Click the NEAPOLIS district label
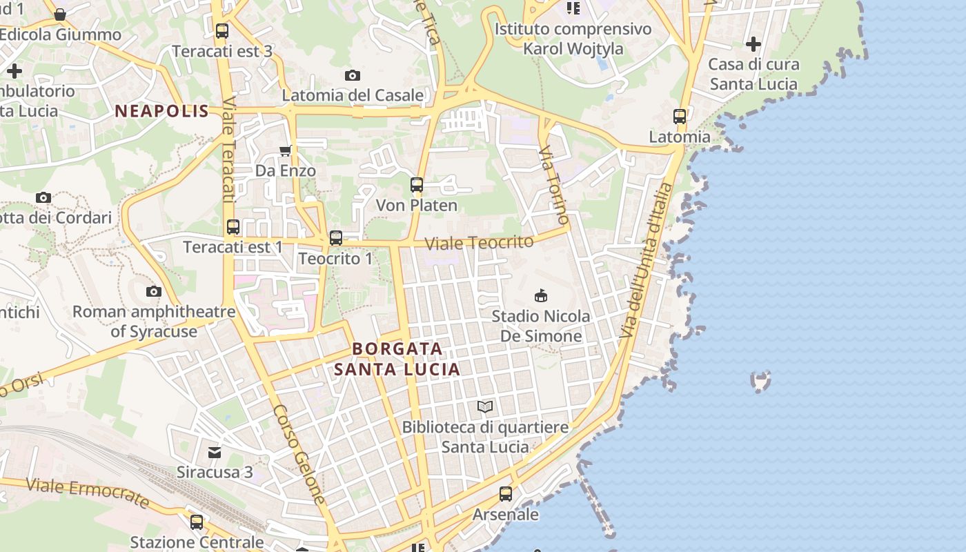161,111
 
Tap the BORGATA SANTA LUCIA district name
397,359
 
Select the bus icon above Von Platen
416,185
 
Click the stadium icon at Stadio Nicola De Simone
541,296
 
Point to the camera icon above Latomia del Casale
353,75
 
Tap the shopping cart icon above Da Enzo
285,150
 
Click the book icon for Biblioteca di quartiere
485,407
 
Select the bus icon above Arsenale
506,494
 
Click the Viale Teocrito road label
479,243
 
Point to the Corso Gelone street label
299,453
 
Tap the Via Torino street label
553,185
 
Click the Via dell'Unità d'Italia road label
645,260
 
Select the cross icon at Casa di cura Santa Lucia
753,44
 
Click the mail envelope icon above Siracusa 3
215,453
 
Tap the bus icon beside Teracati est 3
221,31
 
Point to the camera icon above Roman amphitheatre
154,291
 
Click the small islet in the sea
760,381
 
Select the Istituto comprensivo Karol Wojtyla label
573,39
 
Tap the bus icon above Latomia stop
680,116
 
